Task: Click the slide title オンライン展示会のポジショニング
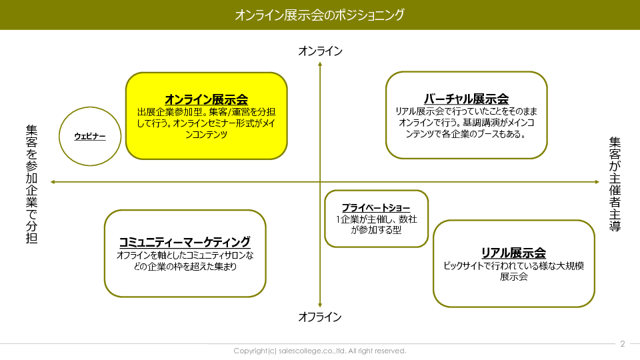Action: pos(319,15)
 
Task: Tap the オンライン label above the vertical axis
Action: pos(321,51)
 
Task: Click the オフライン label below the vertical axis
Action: pos(319,317)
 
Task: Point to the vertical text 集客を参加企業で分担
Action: pos(32,184)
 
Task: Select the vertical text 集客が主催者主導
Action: pos(615,184)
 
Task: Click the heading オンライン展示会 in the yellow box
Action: pos(207,99)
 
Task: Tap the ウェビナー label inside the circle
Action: pos(90,136)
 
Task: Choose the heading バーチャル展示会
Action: pos(466,99)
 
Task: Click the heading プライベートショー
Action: pos(376,208)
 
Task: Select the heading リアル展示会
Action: pos(513,253)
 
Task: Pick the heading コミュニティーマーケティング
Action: pos(185,242)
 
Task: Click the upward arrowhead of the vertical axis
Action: pos(320,64)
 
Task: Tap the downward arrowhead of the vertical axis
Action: pos(320,305)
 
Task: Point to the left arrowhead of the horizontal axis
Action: pos(53,182)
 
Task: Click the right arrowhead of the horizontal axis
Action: pos(597,182)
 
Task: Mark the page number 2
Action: pos(623,344)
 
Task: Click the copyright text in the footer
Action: pos(320,351)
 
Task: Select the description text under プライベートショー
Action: pos(376,225)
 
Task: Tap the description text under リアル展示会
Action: pos(513,271)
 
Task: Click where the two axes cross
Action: pos(320,182)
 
